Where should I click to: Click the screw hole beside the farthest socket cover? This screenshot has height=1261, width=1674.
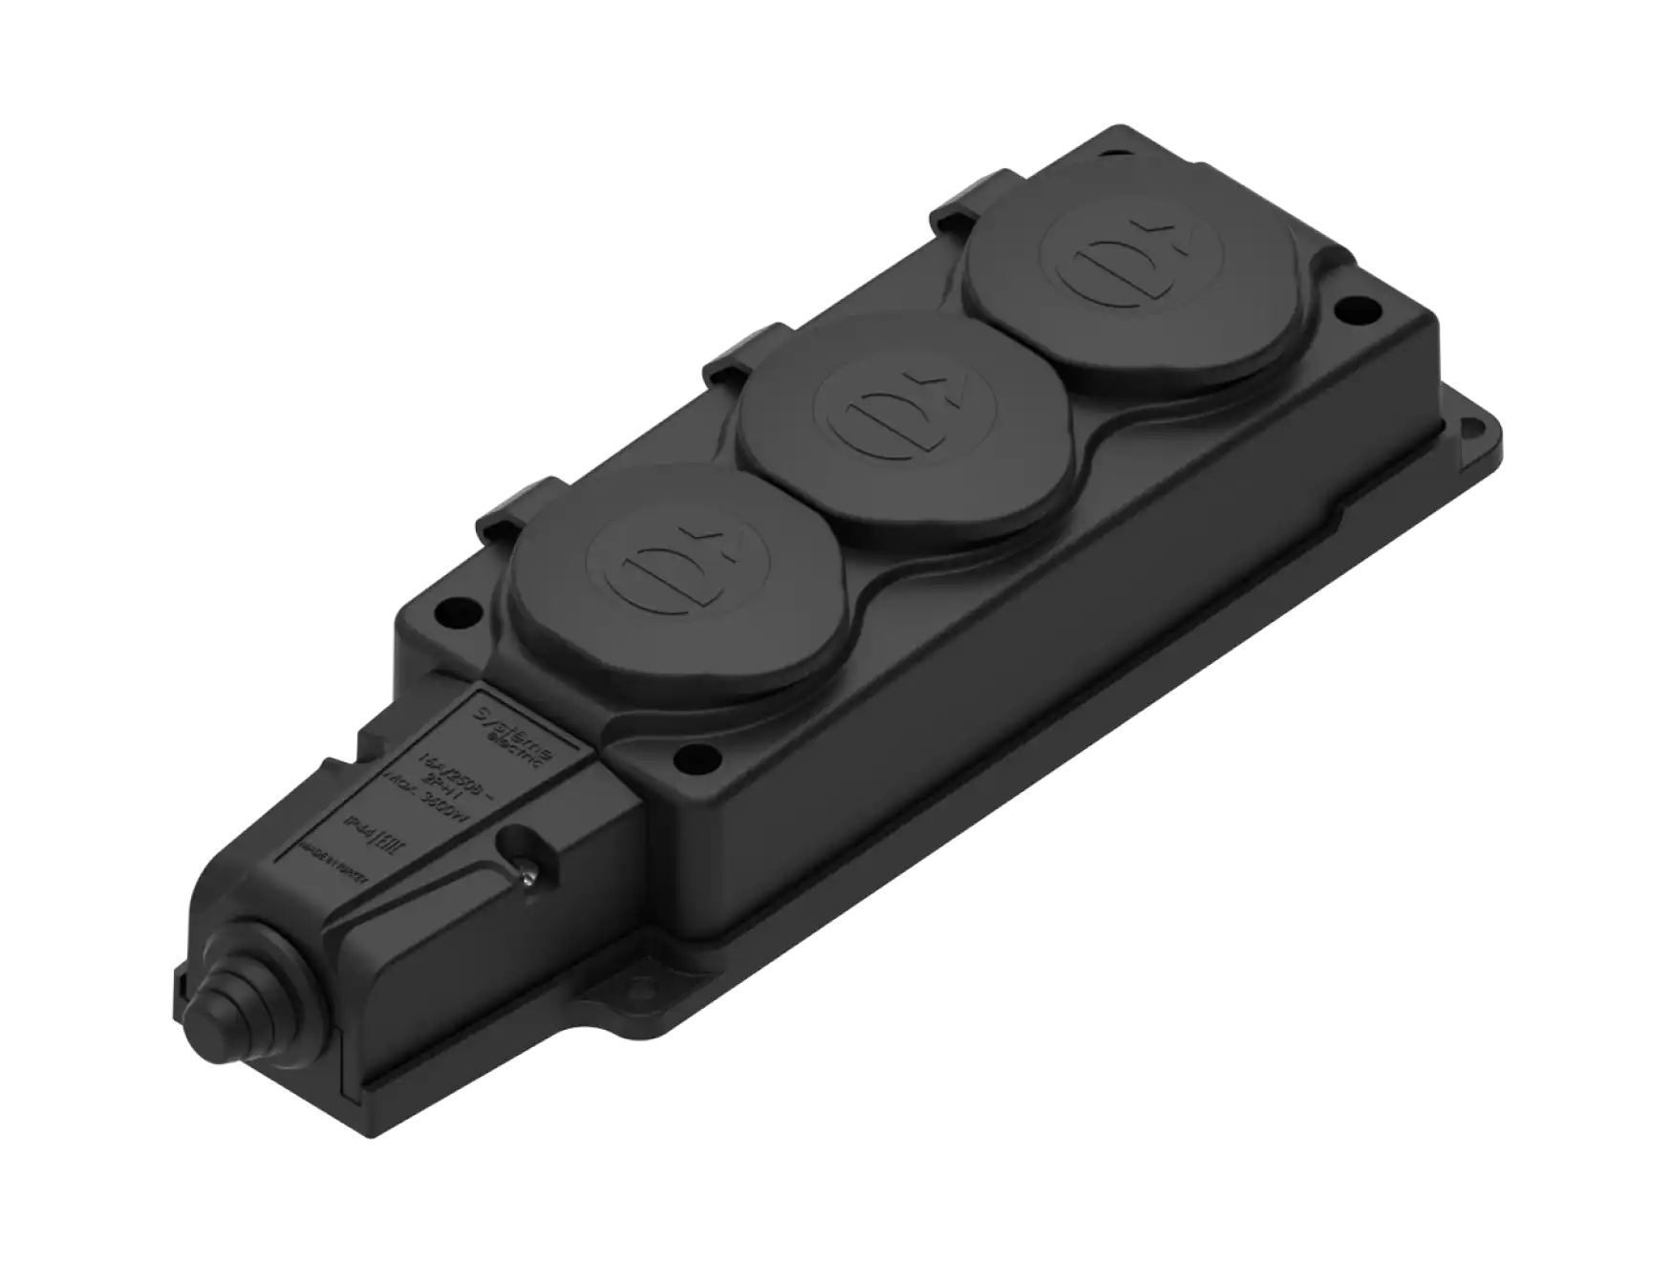pos(1348,310)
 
